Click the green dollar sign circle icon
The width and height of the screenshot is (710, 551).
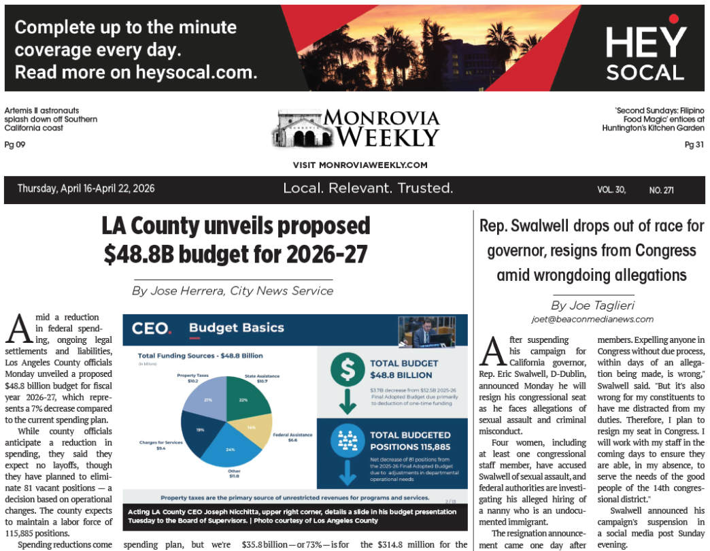(x=348, y=369)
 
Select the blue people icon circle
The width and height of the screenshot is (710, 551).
(x=348, y=441)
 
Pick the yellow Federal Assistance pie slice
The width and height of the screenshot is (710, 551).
(x=251, y=428)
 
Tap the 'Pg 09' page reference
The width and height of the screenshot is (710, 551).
(x=15, y=144)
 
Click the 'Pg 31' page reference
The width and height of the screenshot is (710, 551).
(x=694, y=144)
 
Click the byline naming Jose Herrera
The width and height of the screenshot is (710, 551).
(x=233, y=290)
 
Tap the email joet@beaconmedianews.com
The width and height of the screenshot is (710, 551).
(x=592, y=319)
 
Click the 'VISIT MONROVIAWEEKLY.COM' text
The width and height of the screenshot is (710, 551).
(x=360, y=165)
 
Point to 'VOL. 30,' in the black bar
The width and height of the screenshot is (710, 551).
(x=611, y=190)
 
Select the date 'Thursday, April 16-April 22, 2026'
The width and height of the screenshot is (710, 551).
(x=86, y=188)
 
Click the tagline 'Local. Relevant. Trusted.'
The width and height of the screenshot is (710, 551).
(x=368, y=188)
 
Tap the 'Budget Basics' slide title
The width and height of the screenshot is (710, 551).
(x=236, y=328)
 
